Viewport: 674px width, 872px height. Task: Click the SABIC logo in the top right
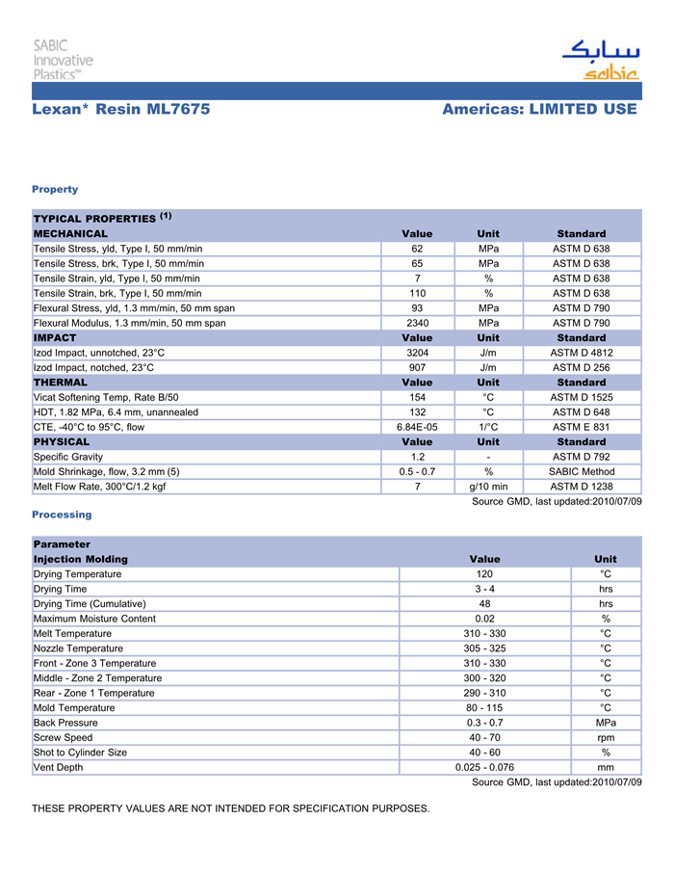pos(600,61)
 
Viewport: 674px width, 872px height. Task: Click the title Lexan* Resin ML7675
pos(121,110)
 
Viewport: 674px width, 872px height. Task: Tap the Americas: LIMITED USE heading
pos(539,110)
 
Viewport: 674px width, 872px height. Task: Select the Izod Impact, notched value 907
pos(417,367)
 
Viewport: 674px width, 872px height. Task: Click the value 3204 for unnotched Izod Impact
pos(417,353)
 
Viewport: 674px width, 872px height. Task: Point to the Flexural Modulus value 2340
pos(417,323)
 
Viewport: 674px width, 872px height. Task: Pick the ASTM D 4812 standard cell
pos(581,353)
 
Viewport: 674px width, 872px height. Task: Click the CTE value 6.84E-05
pos(417,427)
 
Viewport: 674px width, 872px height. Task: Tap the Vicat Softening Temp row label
pos(106,397)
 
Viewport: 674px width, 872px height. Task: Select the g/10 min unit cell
pos(488,487)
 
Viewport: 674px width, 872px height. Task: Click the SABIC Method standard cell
pos(581,471)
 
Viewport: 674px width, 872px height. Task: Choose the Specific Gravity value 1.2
pos(417,457)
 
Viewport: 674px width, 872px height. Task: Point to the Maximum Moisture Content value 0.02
pos(484,619)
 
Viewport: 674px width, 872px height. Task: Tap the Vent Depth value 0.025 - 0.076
pos(484,767)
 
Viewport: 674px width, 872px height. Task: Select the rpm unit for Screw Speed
pos(606,738)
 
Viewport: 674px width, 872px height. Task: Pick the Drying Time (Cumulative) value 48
pos(484,604)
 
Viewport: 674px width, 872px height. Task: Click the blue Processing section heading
pos(62,515)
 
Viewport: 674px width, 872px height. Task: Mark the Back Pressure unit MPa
pos(606,723)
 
